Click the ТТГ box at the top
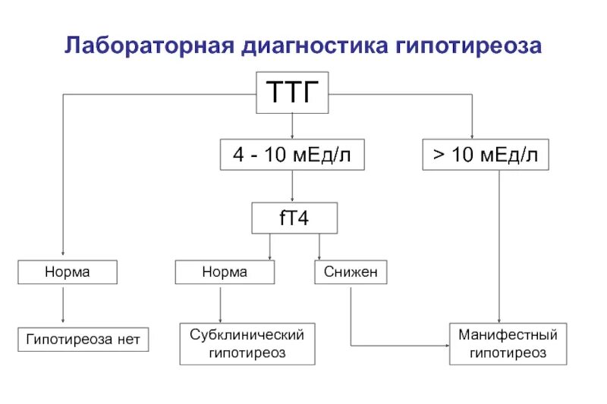click(x=292, y=92)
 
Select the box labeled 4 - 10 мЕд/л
click(x=292, y=155)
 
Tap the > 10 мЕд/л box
click(x=486, y=155)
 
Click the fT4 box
click(x=293, y=220)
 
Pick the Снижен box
click(x=351, y=272)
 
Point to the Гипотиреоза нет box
click(x=83, y=339)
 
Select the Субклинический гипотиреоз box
click(x=247, y=343)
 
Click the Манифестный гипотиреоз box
click(x=508, y=343)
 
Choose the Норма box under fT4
click(x=225, y=272)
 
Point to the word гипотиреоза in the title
click(x=468, y=46)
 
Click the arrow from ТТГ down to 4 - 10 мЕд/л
click(x=292, y=127)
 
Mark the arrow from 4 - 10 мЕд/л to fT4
click(x=292, y=187)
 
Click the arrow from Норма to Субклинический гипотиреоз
click(x=220, y=304)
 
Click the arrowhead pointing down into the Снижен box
click(x=319, y=256)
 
